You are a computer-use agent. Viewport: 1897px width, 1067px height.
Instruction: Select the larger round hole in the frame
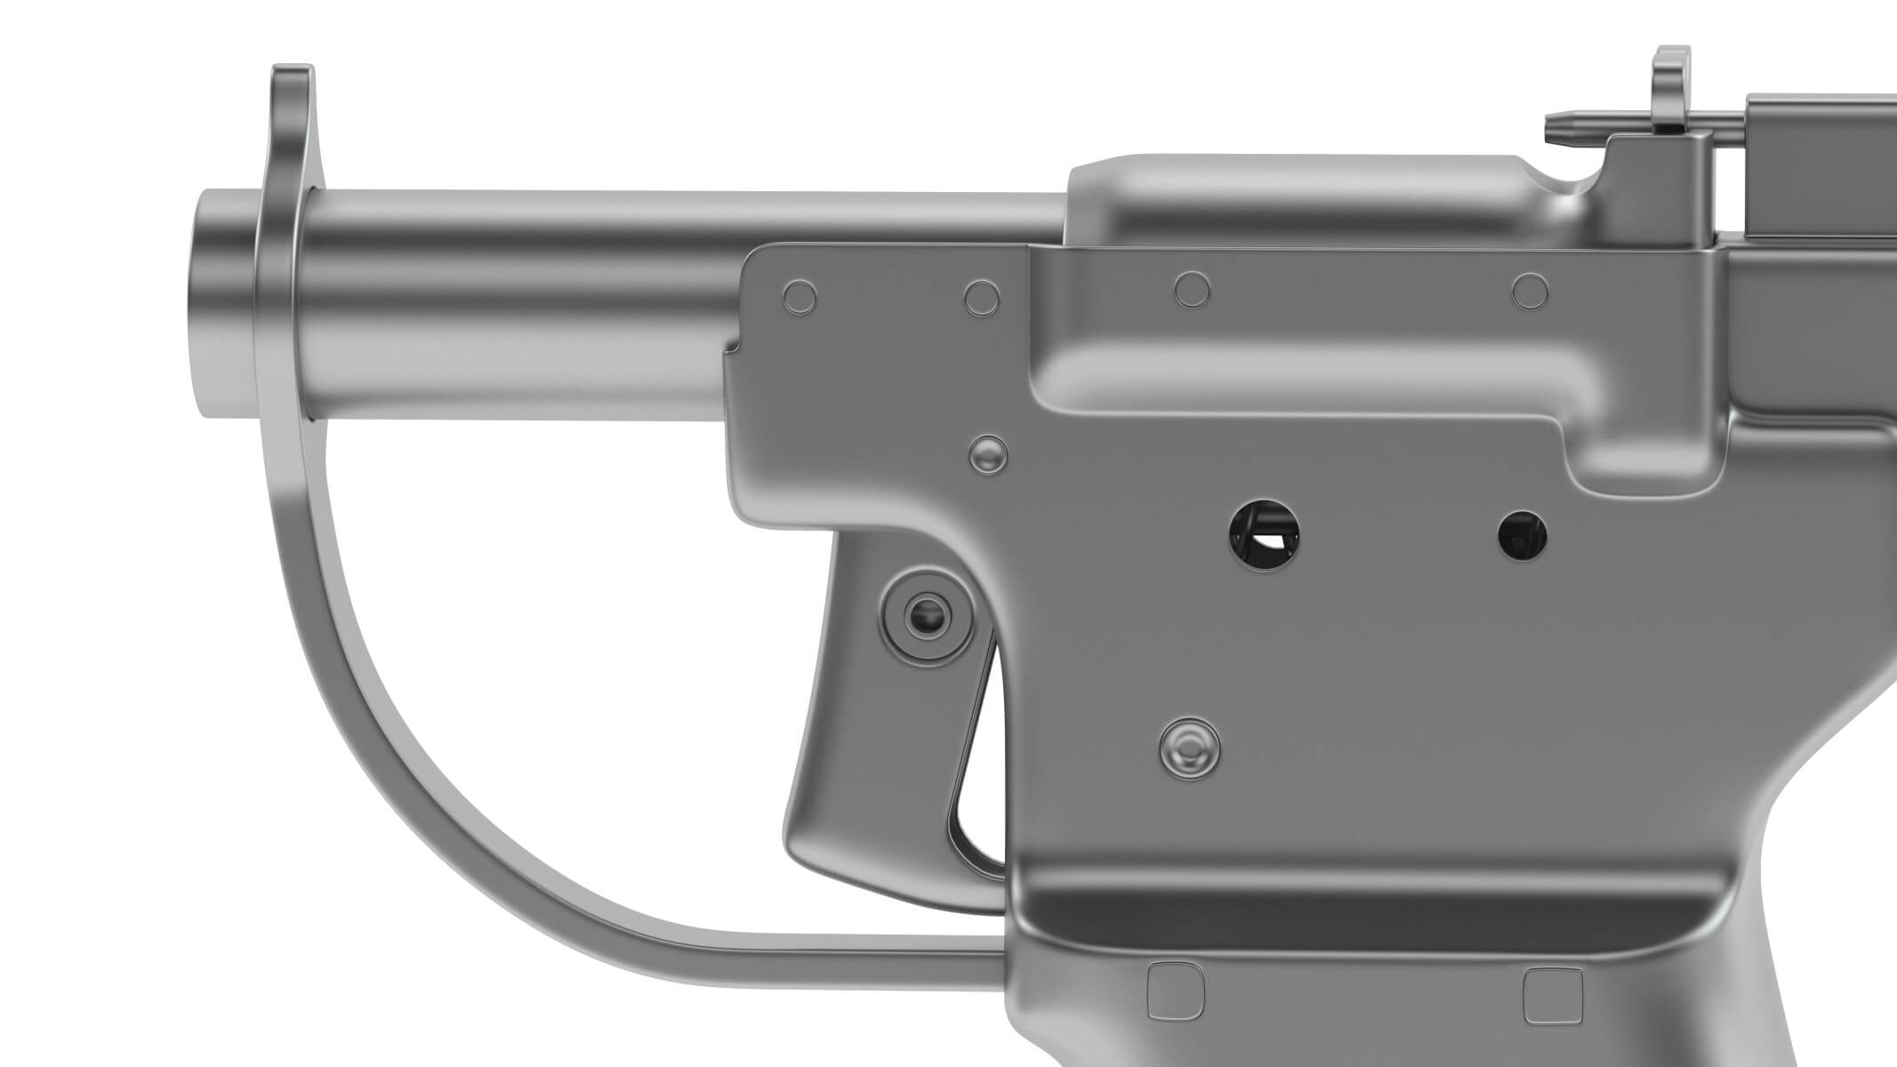coord(1264,534)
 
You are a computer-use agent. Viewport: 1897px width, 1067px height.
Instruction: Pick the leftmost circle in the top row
coord(800,297)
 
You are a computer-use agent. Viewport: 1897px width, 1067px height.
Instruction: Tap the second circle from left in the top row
coord(982,297)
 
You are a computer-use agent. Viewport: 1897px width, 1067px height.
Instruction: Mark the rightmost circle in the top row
coord(1530,291)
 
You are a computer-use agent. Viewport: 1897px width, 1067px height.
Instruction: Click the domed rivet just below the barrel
coord(988,454)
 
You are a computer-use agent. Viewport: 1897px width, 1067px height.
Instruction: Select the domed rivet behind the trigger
coord(1190,745)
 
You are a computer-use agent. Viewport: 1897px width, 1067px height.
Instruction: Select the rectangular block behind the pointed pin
coord(1814,169)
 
